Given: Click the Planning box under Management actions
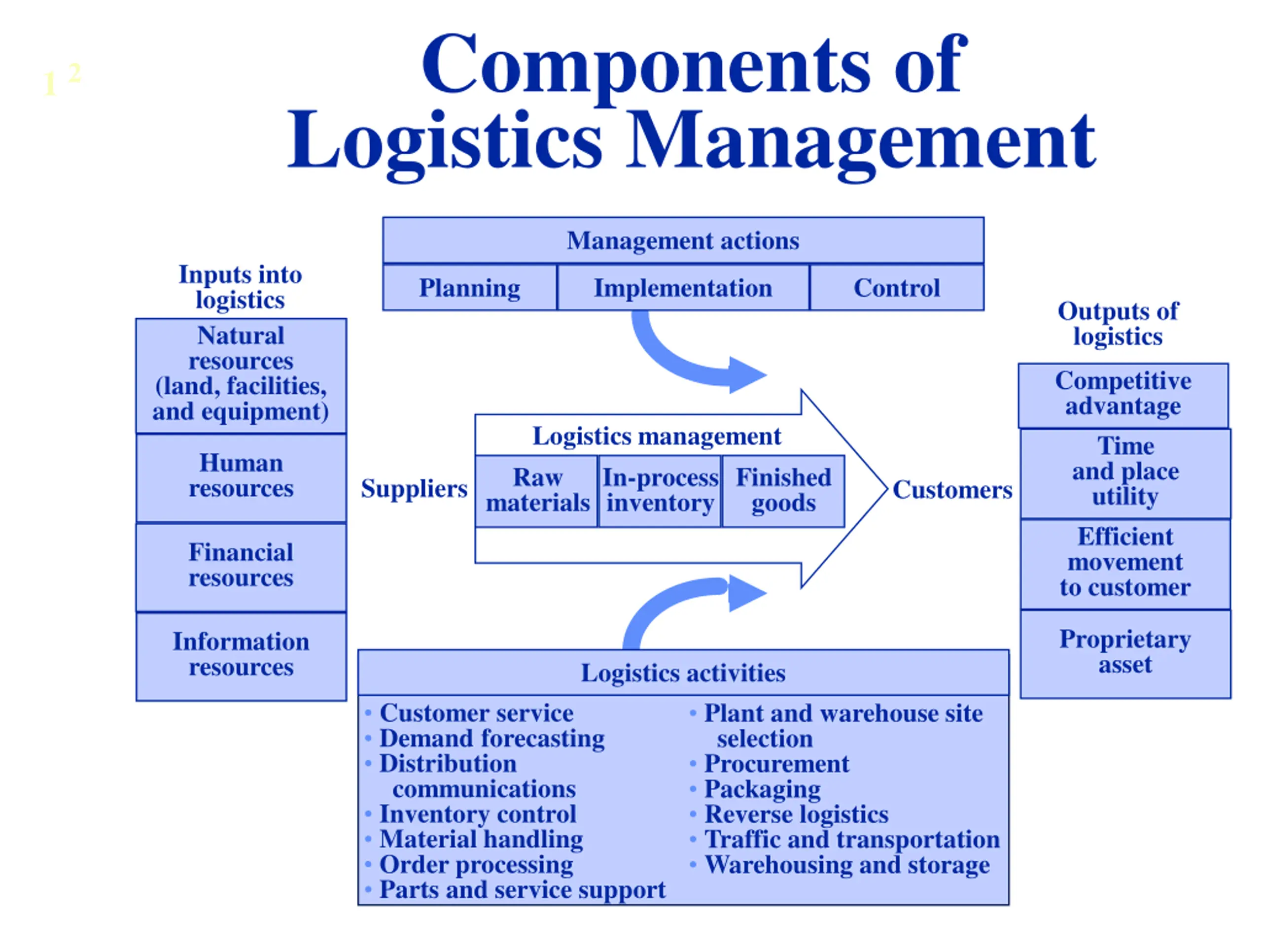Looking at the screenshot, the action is click(x=469, y=287).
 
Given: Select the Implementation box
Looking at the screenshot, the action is click(x=683, y=287).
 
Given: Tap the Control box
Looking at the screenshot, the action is click(x=897, y=287).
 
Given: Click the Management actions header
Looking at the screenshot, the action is click(x=683, y=240).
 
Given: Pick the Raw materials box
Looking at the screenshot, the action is click(x=537, y=491).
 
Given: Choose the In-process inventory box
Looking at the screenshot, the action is click(x=660, y=491).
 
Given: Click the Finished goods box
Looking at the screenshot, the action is click(x=783, y=491).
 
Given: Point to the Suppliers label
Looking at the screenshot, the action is click(x=414, y=489).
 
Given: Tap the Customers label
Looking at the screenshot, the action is click(x=952, y=490).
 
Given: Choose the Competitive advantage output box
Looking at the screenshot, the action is click(x=1123, y=395).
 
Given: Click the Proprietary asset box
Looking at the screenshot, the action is click(x=1125, y=653).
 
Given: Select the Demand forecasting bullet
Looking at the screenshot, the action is click(x=485, y=739).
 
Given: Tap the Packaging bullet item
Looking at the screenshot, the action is click(x=755, y=790).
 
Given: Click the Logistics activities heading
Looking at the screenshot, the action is click(x=683, y=673).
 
